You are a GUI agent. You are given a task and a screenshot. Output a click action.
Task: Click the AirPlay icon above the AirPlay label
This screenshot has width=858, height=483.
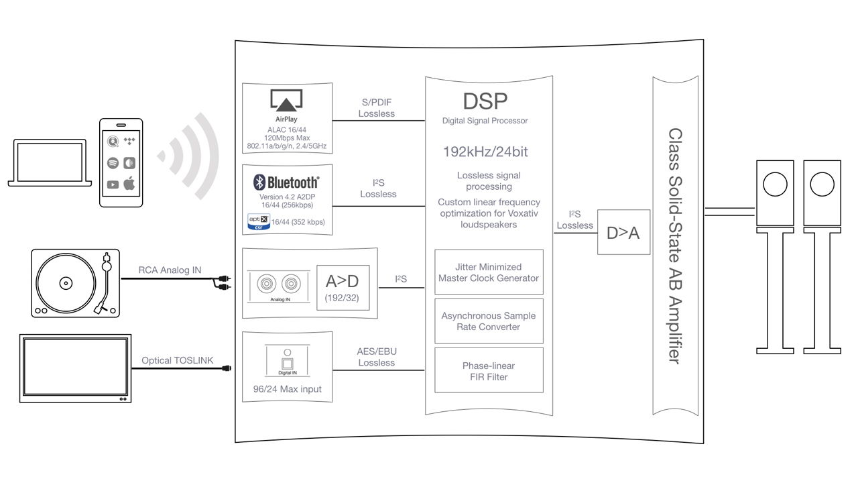286,101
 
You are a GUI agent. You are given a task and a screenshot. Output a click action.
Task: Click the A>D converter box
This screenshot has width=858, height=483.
342,288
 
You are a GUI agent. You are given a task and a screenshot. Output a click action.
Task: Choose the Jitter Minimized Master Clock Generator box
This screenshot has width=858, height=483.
489,272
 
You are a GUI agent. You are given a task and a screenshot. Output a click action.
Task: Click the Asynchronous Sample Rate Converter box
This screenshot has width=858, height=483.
489,321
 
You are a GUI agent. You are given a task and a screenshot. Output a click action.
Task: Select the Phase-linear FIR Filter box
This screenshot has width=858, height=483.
489,371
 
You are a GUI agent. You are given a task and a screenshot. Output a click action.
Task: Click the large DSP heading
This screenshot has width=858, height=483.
485,101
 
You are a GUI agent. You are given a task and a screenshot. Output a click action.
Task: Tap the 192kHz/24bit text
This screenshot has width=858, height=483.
485,152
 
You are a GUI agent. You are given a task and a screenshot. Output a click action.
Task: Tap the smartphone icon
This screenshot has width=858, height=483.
121,163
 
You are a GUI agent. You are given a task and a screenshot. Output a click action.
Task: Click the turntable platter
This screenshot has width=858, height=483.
65,282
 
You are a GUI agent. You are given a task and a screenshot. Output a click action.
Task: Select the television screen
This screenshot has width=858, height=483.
75,368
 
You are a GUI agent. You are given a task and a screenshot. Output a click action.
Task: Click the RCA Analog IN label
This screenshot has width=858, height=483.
170,270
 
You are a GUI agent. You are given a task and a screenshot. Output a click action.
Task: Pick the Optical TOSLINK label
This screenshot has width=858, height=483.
177,360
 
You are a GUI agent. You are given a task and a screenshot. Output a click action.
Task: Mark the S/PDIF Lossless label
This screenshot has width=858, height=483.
377,108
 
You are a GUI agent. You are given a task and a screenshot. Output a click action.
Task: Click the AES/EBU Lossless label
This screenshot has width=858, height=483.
377,357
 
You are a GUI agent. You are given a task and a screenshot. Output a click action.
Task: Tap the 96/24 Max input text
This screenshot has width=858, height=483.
286,389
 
